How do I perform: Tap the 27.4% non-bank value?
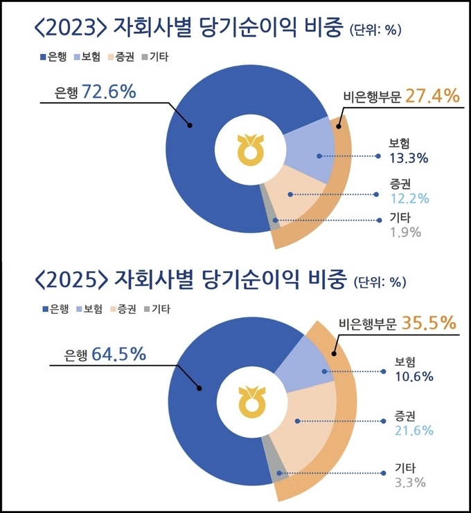tap(432, 95)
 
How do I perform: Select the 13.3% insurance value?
tap(408, 158)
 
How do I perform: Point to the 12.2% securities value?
tap(408, 197)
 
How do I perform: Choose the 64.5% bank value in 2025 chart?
tap(117, 355)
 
